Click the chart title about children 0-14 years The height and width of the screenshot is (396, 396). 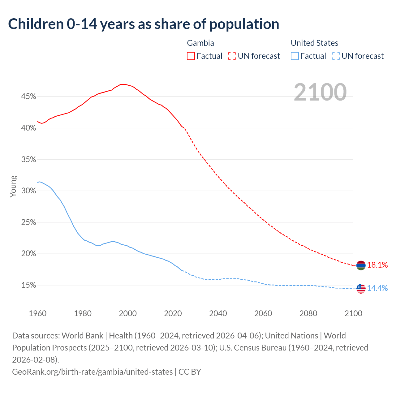(x=144, y=24)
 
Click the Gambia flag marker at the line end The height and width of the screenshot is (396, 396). (x=361, y=265)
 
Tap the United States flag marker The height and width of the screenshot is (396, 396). (x=361, y=288)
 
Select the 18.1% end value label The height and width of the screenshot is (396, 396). (x=377, y=265)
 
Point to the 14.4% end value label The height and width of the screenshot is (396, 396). (x=377, y=288)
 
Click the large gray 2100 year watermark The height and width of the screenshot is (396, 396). (x=320, y=92)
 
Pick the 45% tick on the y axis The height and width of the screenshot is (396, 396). (x=28, y=97)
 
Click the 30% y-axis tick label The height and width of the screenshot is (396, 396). (x=28, y=191)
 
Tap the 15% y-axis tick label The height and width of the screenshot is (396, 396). (x=28, y=285)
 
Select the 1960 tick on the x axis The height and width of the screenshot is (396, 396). (x=38, y=313)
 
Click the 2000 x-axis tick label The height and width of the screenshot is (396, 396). (x=128, y=313)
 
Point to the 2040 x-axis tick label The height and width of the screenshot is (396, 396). (x=218, y=313)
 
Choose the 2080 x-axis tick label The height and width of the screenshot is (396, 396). (x=308, y=313)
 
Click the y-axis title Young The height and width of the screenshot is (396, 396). (x=13, y=186)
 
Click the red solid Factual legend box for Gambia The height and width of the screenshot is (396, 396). (x=191, y=56)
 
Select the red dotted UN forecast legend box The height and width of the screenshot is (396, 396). (x=232, y=56)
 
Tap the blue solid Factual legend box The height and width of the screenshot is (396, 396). (x=295, y=56)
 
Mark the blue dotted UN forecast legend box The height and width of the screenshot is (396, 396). (x=336, y=56)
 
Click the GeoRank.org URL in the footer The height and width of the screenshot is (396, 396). (x=92, y=372)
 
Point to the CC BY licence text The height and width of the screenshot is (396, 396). (x=190, y=372)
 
